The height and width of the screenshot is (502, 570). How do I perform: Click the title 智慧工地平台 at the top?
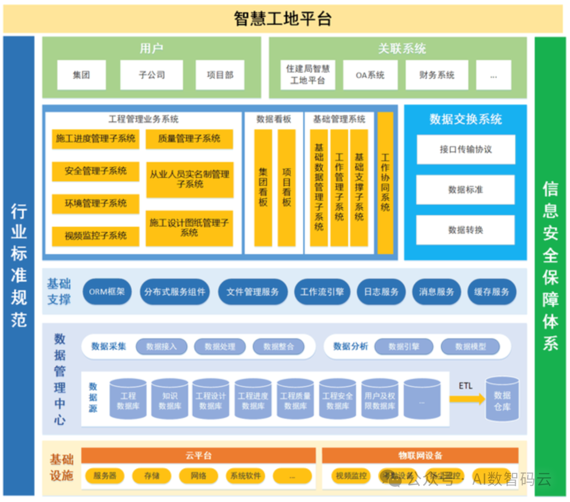coord(283,19)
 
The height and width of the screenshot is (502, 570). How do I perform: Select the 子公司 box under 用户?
coord(151,75)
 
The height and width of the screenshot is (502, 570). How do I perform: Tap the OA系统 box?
coord(370,75)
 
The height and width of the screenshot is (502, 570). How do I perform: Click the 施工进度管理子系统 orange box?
coord(96,139)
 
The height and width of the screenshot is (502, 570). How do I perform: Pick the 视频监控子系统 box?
coord(96,236)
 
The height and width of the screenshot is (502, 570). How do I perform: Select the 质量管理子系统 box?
coord(189,139)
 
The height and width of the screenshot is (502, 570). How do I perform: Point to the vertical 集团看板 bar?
coord(263,188)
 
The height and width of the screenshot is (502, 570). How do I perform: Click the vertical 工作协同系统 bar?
coord(385,182)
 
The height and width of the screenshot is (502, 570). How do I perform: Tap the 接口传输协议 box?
coord(465,150)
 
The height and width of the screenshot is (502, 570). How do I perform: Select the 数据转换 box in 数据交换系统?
coord(465,230)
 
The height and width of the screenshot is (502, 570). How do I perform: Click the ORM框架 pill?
coord(107,292)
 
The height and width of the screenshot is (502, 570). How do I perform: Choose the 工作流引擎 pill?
coord(322,292)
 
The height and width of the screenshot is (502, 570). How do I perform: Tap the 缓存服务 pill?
coord(491,292)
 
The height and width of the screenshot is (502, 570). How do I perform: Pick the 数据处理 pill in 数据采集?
coord(220,347)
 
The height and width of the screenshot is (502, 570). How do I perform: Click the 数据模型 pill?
coord(470,347)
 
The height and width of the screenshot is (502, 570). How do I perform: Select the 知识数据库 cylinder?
coord(170,401)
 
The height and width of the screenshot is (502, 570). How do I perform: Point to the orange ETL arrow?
coord(468,399)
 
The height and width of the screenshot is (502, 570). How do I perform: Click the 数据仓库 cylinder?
coord(502,400)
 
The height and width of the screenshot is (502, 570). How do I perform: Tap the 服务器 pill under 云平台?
coord(104,476)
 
